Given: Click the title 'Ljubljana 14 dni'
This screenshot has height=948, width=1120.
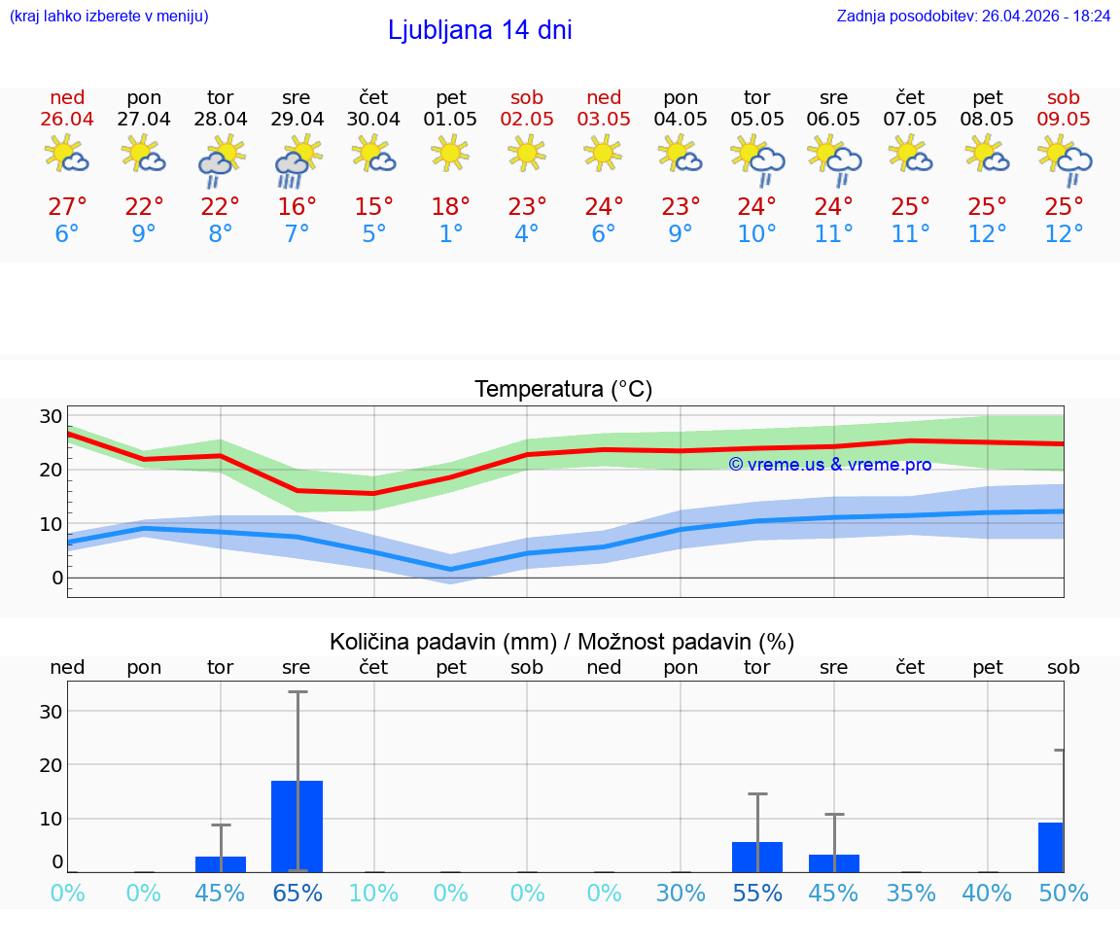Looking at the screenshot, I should [x=479, y=30].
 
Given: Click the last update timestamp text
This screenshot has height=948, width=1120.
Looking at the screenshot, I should [x=973, y=17].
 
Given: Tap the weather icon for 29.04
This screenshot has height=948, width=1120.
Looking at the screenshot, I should [x=297, y=160].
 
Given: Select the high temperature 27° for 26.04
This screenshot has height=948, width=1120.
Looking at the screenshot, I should [x=67, y=207].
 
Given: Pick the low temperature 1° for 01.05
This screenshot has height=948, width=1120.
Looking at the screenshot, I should [x=450, y=234].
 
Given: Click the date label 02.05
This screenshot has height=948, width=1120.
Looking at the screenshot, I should [x=527, y=120].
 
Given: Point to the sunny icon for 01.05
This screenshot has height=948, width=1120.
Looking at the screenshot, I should [x=450, y=154].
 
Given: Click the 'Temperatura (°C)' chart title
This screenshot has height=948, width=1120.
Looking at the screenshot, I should [x=563, y=390].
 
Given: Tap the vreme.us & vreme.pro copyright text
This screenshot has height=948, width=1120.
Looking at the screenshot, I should [x=829, y=465].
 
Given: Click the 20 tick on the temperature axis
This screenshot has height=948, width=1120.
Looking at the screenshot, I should [x=51, y=470].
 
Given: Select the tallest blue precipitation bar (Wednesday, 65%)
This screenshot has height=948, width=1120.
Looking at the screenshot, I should [x=297, y=825].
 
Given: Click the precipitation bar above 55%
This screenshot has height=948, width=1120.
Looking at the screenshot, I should [x=757, y=857].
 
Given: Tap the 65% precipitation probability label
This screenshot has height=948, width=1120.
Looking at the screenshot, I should [x=297, y=894].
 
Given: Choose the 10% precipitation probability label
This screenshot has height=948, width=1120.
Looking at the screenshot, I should [x=374, y=894].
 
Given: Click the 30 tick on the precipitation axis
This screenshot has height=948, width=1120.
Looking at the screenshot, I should [x=51, y=712].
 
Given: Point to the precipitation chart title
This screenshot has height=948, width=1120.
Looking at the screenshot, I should [x=562, y=642].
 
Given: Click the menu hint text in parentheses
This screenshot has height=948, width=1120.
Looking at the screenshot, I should [x=109, y=17].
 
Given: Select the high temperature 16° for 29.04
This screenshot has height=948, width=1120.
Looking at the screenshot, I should [x=297, y=207].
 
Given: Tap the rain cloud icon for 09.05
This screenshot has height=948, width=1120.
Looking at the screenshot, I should [x=1065, y=160].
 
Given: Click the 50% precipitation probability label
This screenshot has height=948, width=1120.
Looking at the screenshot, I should [x=1064, y=894].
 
